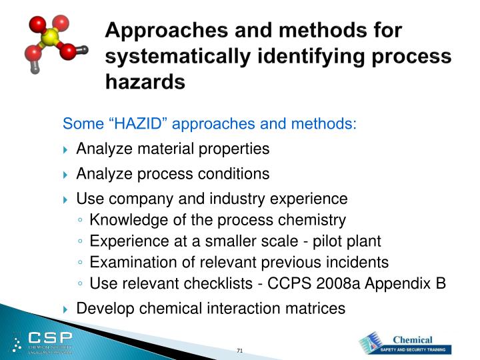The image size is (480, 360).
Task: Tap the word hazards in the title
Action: point(145,82)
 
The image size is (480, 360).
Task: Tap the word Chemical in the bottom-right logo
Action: point(413,339)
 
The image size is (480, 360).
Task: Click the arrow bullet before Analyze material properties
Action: point(66,149)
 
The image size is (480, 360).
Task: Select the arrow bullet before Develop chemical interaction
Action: point(66,309)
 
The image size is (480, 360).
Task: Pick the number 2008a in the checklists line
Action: point(335,284)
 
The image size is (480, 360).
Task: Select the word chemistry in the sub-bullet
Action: point(313,220)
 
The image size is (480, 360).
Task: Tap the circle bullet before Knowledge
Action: point(81,221)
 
